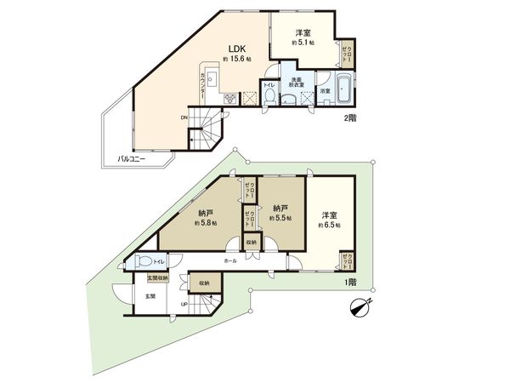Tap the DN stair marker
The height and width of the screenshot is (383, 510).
coord(184,117)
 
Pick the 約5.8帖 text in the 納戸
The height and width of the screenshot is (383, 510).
coord(205,222)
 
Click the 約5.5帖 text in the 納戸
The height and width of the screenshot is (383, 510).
coord(280,218)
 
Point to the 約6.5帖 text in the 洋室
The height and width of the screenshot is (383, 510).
coord(329,225)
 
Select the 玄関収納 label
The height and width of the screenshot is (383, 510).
coord(158,277)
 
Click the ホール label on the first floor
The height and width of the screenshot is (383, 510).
coord(231,260)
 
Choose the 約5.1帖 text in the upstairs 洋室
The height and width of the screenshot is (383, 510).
coord(303,41)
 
